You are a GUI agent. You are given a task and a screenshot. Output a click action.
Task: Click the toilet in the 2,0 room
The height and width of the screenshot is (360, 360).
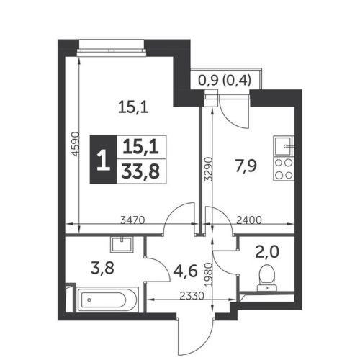267,278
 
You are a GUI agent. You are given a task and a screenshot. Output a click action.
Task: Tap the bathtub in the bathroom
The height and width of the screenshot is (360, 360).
107,300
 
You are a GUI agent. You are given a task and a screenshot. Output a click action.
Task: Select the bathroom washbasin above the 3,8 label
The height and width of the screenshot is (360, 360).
122,244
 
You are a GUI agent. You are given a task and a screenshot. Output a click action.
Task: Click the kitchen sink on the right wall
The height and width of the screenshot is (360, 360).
284,145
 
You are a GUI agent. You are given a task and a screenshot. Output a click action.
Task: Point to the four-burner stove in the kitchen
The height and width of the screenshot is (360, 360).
284,169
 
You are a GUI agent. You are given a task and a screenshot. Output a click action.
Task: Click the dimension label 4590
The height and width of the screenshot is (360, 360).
76,144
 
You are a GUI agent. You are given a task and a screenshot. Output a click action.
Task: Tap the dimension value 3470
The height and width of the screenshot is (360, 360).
132,220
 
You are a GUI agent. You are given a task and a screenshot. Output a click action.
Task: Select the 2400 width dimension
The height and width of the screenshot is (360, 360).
249,220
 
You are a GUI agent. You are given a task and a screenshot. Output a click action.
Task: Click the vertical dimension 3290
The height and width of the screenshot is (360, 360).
208,169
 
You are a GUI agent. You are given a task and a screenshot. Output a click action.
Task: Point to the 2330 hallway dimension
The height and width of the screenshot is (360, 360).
192,296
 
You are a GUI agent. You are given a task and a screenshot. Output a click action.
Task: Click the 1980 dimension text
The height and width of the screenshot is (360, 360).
208,274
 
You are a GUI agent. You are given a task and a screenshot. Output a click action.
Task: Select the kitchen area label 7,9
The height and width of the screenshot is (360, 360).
246,166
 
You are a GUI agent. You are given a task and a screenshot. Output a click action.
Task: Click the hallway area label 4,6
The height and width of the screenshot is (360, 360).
185,271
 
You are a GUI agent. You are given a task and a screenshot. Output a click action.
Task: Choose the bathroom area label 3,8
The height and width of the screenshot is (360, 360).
102,269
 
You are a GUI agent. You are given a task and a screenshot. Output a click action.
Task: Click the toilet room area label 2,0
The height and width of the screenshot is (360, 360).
267,252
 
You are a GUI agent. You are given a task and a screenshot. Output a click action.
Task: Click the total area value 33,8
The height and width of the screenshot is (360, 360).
140,171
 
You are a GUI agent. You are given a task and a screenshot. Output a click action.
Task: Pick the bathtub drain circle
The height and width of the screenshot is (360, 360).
89,300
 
